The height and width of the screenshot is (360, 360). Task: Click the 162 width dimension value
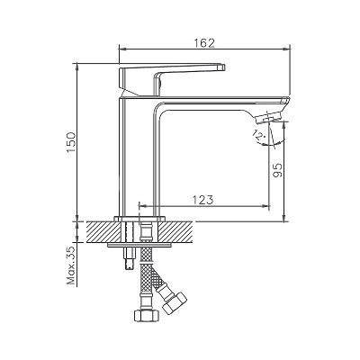(203, 43)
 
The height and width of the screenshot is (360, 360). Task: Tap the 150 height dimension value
(72, 142)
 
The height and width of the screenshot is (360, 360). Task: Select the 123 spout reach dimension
(202, 200)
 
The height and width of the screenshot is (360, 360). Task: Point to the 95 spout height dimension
(278, 170)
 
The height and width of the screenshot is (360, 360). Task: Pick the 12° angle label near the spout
(259, 135)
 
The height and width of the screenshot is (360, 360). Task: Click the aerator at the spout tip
(268, 117)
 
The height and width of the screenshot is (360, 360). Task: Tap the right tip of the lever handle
(224, 67)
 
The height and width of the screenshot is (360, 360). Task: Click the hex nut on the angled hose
(175, 303)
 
